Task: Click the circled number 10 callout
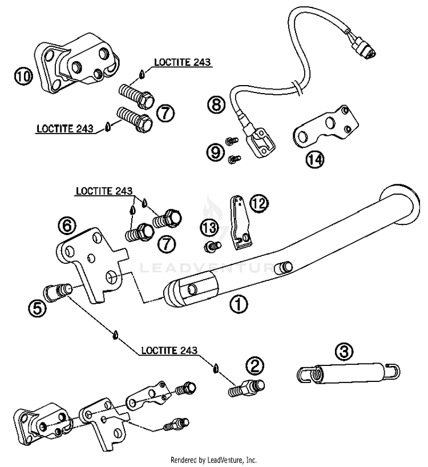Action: (23, 77)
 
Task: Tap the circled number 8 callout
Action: (216, 105)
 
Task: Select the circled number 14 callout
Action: (315, 160)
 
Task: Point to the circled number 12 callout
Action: (259, 204)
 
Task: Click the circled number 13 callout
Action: (209, 228)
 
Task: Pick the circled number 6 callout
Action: (67, 226)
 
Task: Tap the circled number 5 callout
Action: (38, 308)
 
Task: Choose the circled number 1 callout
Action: (239, 304)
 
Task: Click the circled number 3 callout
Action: (344, 352)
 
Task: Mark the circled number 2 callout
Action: (255, 366)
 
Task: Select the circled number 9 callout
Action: (216, 152)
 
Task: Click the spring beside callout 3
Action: (349, 373)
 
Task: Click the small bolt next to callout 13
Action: (212, 247)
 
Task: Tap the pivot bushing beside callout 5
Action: (58, 292)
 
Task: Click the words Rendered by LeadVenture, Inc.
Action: (213, 460)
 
